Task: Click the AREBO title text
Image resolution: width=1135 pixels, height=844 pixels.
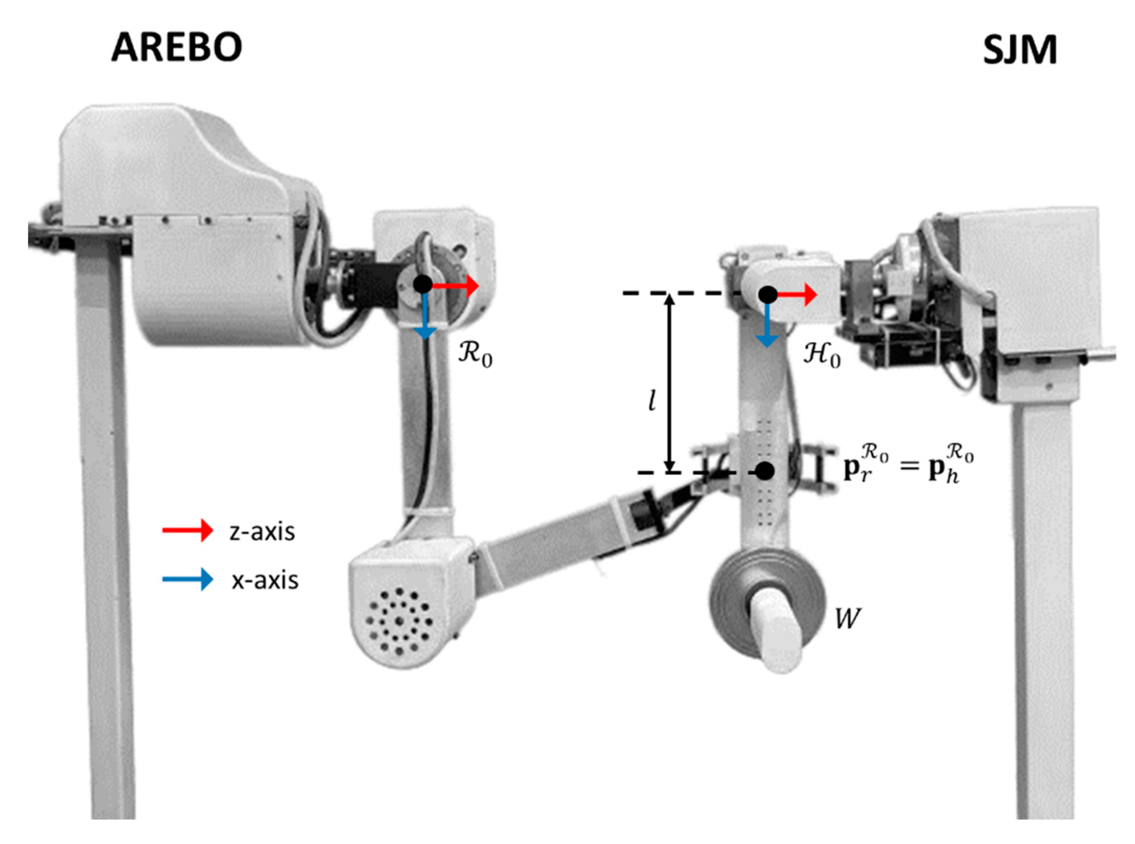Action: (176, 47)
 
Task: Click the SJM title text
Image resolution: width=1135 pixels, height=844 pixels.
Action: (1020, 51)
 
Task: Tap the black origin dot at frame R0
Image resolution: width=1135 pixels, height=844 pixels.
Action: (423, 284)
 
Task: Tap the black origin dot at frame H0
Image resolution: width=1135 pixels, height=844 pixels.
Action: (768, 294)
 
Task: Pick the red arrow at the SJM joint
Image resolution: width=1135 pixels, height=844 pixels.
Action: (797, 295)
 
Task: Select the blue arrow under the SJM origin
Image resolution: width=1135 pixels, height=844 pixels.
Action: (767, 326)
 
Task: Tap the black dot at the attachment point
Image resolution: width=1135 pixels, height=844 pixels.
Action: (764, 471)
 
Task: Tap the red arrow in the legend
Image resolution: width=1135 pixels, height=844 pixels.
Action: (187, 531)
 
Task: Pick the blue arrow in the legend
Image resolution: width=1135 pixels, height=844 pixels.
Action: (187, 579)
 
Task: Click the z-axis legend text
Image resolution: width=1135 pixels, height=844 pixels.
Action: (262, 531)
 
